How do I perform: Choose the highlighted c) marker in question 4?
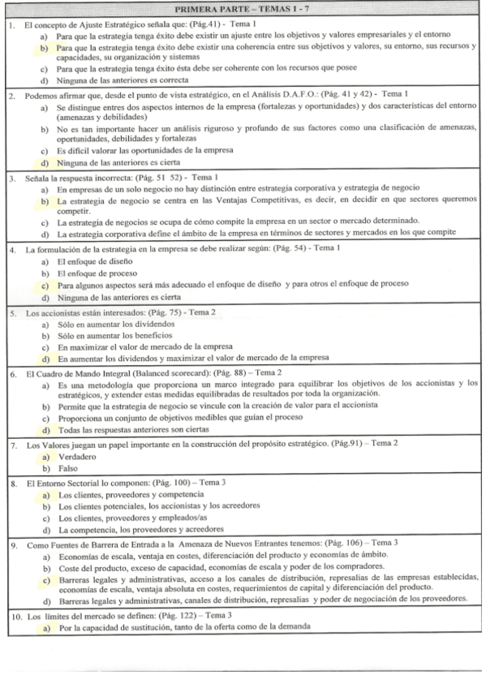pyautogui.click(x=43, y=286)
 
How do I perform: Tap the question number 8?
pyautogui.click(x=10, y=484)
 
